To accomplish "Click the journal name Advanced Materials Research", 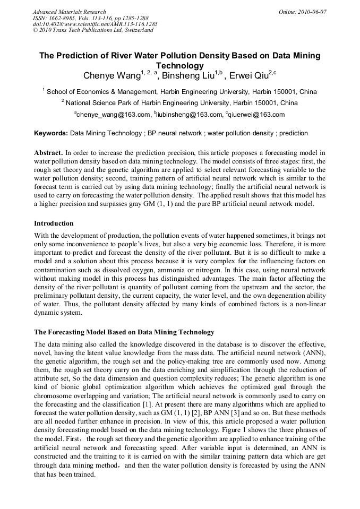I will coord(69,12).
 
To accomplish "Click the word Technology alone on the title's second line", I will coord(180,66).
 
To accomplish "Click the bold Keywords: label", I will coord(51,133).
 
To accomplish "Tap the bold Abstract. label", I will coord(48,152).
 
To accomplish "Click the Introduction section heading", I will coord(54,223).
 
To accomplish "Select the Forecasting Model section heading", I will coord(124,332).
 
